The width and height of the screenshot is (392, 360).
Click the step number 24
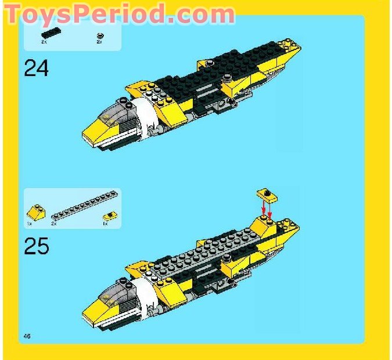(x=36, y=69)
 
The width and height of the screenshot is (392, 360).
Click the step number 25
(x=36, y=247)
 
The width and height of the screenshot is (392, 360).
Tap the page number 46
(x=27, y=337)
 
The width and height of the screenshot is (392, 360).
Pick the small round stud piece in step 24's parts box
(x=99, y=35)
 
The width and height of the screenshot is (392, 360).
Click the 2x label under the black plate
(x=44, y=42)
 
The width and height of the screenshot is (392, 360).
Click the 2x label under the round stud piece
(x=99, y=42)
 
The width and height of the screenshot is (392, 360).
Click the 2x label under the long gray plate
(x=54, y=223)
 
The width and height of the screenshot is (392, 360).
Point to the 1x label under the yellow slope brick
(x=29, y=223)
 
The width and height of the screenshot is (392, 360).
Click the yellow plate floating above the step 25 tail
(x=267, y=194)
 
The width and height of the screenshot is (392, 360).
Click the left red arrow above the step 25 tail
(x=262, y=207)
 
